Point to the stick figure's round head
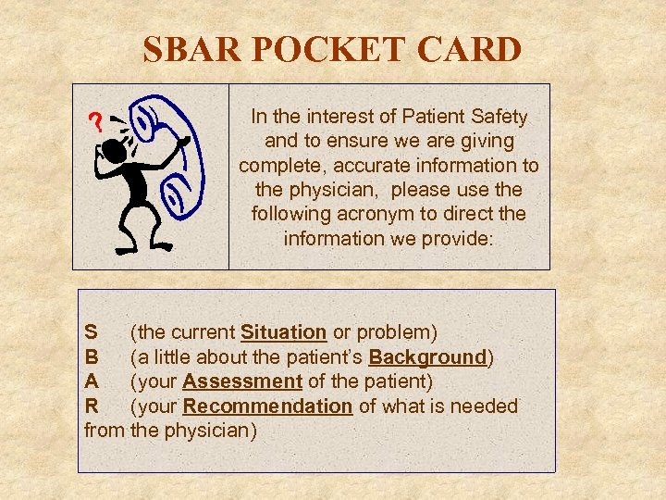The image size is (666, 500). coord(116,150)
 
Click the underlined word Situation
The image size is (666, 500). coord(283,332)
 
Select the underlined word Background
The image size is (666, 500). coord(427,356)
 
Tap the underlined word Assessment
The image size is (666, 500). coord(242,381)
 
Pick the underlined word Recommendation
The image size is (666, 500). coord(267,406)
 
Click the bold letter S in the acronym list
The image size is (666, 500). coord(90,332)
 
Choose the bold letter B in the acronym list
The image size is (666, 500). coord(91,356)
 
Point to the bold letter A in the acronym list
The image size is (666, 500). coord(91,381)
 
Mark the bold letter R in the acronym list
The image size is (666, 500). coord(91,406)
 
